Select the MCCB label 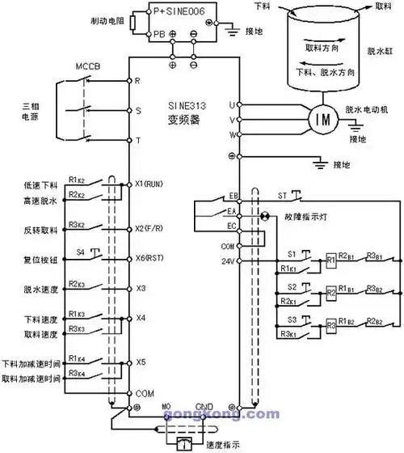pyautogui.click(x=86, y=64)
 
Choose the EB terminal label pyautogui.click(x=234, y=196)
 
